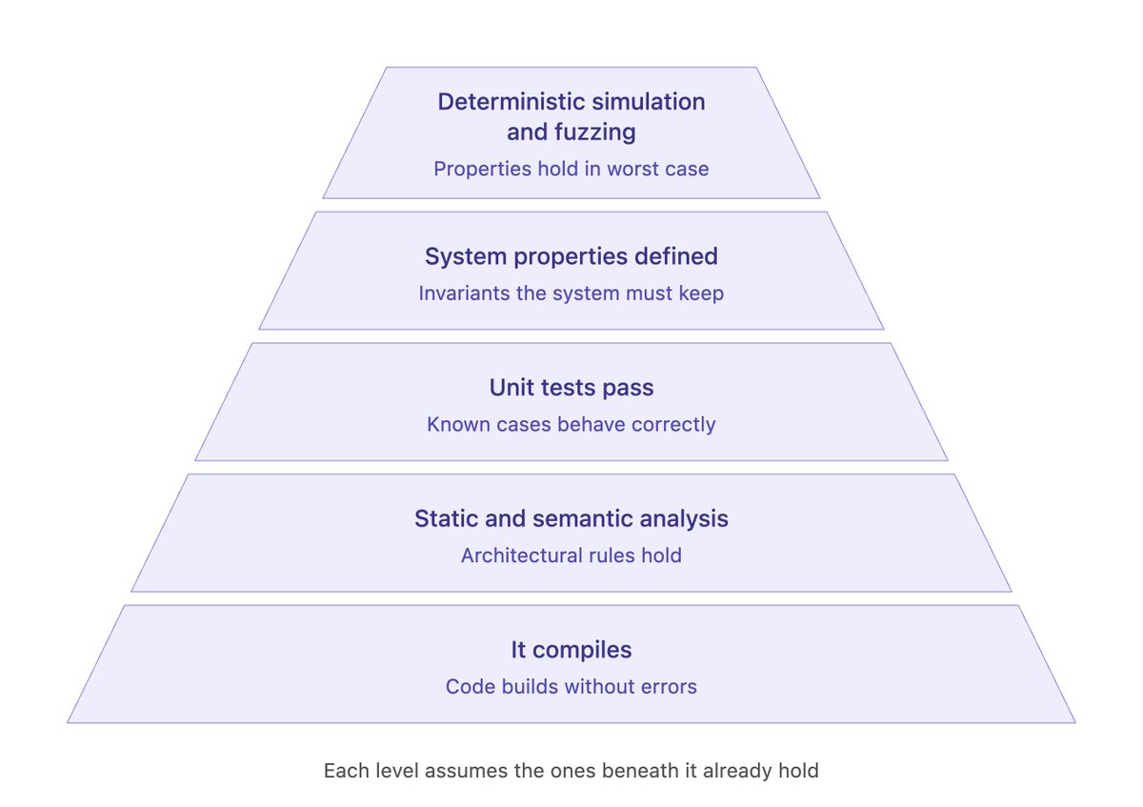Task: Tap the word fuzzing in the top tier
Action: tap(595, 132)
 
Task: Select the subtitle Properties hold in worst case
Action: tap(571, 169)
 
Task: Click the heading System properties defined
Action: tap(571, 256)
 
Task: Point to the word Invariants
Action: tap(464, 293)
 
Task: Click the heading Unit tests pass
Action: tap(571, 388)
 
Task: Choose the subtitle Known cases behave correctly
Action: tap(571, 425)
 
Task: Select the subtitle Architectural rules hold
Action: tap(571, 555)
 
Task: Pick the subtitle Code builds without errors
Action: tap(571, 687)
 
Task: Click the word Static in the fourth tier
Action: tap(446, 518)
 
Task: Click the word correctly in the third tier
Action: tap(673, 425)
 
